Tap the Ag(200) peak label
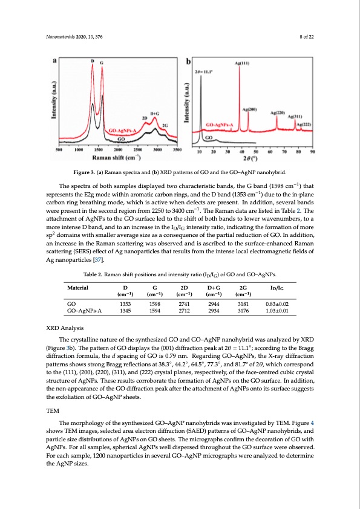tap(249, 109)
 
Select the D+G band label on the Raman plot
tap(154, 112)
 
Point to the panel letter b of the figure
tap(189, 62)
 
